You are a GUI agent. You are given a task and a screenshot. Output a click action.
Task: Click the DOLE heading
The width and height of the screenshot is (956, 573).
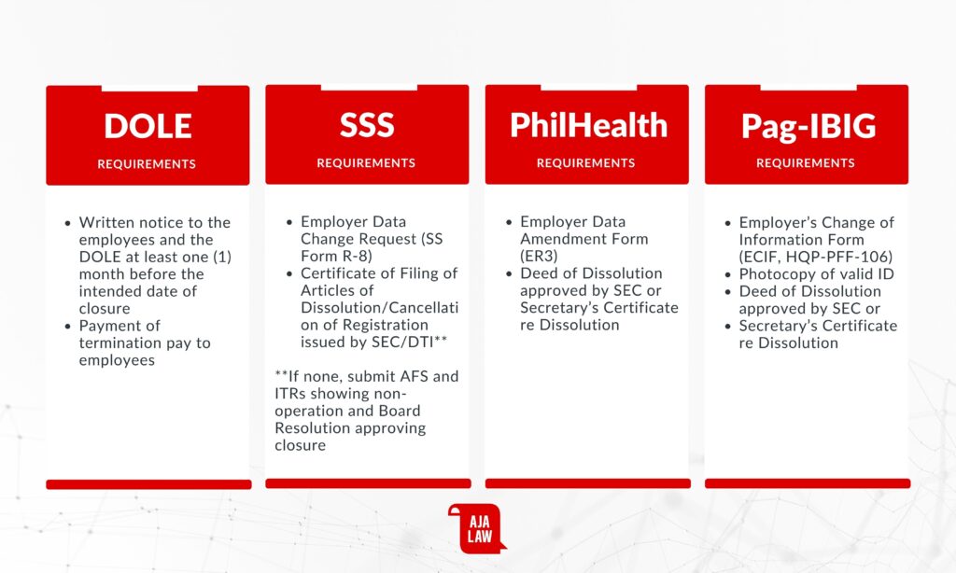point(148,126)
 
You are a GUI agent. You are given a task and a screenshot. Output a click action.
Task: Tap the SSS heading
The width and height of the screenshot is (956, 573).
point(367,125)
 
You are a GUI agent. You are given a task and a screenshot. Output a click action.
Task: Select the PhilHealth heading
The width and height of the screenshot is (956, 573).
point(588,125)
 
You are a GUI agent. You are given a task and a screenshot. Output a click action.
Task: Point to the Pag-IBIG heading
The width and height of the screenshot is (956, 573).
point(808,126)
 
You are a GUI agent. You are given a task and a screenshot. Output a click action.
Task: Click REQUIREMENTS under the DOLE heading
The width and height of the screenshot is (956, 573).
point(147,164)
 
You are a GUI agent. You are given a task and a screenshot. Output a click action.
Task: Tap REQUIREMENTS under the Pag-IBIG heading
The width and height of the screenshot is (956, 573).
point(806,162)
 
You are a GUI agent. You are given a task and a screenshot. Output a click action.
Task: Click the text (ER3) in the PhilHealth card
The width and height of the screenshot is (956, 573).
point(539,256)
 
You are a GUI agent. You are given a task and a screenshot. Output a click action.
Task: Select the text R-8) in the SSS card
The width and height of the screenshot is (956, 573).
point(354,256)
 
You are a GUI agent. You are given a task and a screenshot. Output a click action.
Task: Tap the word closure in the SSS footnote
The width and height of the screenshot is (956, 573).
point(300,445)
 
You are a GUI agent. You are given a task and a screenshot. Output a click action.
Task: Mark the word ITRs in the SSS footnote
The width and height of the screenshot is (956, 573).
point(290,394)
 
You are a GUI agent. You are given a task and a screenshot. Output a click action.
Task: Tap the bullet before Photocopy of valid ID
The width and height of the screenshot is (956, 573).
point(727,275)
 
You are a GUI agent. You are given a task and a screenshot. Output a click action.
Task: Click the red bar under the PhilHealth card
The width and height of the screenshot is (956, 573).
point(588,483)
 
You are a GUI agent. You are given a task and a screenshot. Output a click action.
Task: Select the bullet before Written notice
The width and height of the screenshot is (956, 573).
point(67,223)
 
